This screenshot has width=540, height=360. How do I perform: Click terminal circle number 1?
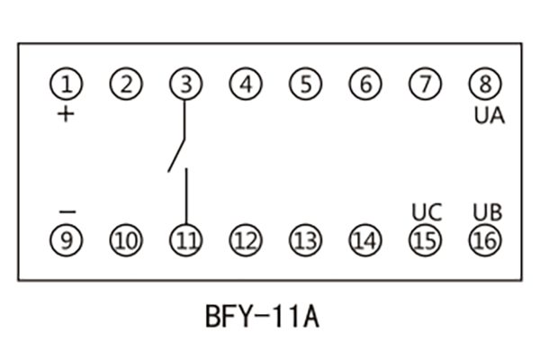[x=66, y=85]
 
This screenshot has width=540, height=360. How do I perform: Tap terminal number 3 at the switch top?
[x=185, y=85]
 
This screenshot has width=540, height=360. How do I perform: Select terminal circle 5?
[x=305, y=85]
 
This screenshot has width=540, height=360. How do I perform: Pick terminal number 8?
[x=484, y=85]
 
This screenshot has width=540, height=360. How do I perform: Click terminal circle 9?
[x=66, y=240]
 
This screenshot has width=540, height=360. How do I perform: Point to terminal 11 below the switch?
[x=185, y=240]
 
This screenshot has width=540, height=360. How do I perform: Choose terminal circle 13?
[x=305, y=240]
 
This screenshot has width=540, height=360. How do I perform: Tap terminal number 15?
[x=425, y=240]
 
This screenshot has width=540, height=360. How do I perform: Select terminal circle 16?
[x=484, y=240]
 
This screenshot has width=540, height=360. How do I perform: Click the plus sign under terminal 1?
[x=66, y=115]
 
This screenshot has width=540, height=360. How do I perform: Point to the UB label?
[x=487, y=213]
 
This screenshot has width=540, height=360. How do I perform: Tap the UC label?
[x=427, y=213]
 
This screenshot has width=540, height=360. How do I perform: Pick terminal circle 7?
[x=425, y=85]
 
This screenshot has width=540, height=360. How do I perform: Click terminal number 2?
[x=126, y=85]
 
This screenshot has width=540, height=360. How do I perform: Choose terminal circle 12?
[x=245, y=240]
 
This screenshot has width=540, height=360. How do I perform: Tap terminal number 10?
[x=126, y=240]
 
